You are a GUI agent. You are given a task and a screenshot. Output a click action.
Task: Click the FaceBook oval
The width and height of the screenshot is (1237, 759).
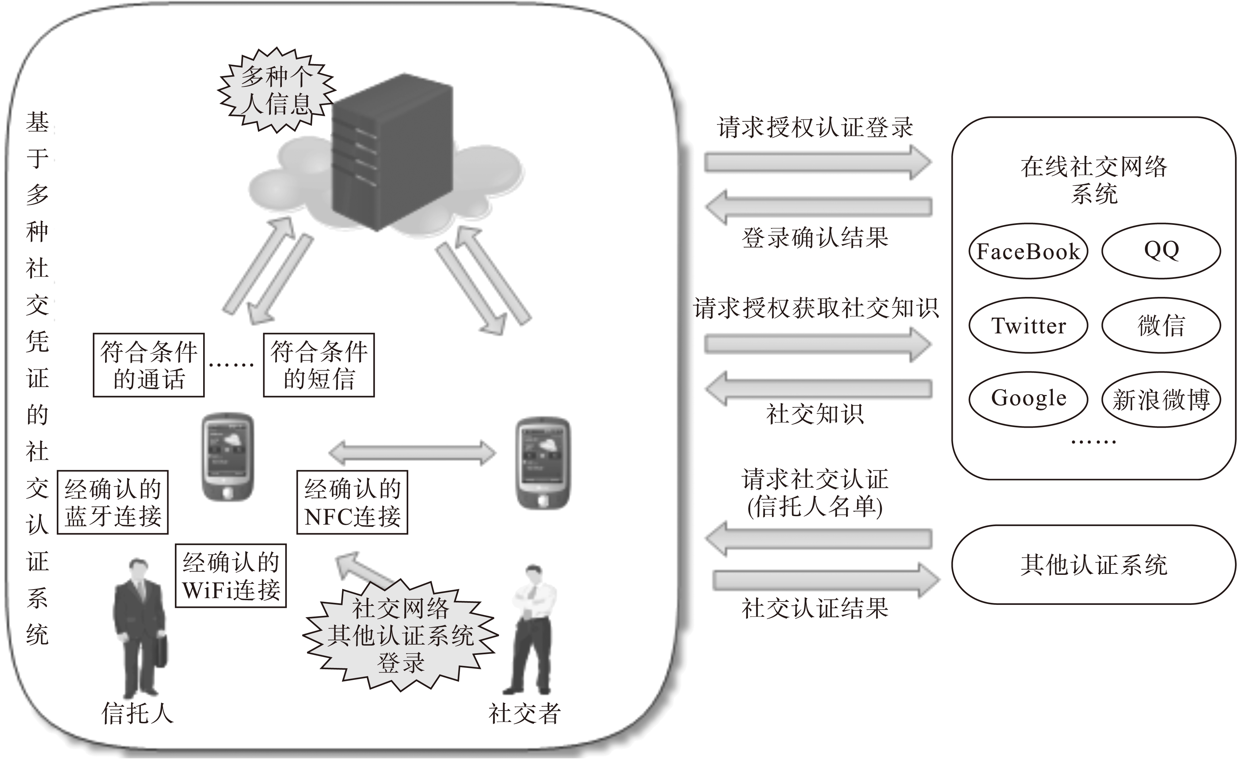pos(1027,251)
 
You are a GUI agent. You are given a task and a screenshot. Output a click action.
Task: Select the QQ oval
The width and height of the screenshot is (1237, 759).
pos(1161,250)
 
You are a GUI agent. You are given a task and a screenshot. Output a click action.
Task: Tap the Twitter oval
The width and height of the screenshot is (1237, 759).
pos(1027,325)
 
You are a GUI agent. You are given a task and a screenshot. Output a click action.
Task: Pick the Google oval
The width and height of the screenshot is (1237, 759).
pos(1027,399)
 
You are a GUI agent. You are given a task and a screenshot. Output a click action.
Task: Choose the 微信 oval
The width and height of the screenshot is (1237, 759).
pos(1161,325)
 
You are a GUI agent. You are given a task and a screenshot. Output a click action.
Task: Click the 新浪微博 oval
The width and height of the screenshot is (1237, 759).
pos(1161,400)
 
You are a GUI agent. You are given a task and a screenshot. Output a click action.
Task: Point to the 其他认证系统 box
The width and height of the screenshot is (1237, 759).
pos(1094,565)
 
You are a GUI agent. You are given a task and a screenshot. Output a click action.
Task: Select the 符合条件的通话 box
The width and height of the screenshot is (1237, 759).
pos(148,365)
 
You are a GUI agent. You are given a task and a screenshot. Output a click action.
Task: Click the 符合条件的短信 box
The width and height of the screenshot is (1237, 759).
pos(319,365)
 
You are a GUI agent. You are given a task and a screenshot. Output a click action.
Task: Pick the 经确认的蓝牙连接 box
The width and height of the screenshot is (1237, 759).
pos(112,502)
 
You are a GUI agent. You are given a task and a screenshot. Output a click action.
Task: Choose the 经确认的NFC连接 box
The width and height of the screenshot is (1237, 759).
pos(352,502)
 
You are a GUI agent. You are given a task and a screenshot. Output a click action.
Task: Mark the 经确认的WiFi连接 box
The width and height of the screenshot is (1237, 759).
pos(231,576)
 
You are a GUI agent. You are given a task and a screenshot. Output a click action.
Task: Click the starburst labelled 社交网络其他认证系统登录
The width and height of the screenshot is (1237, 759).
pos(400,635)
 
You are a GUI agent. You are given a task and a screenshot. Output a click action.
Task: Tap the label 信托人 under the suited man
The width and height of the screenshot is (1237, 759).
pos(137,713)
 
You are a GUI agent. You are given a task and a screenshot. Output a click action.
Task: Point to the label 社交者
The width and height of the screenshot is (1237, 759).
pos(524,713)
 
